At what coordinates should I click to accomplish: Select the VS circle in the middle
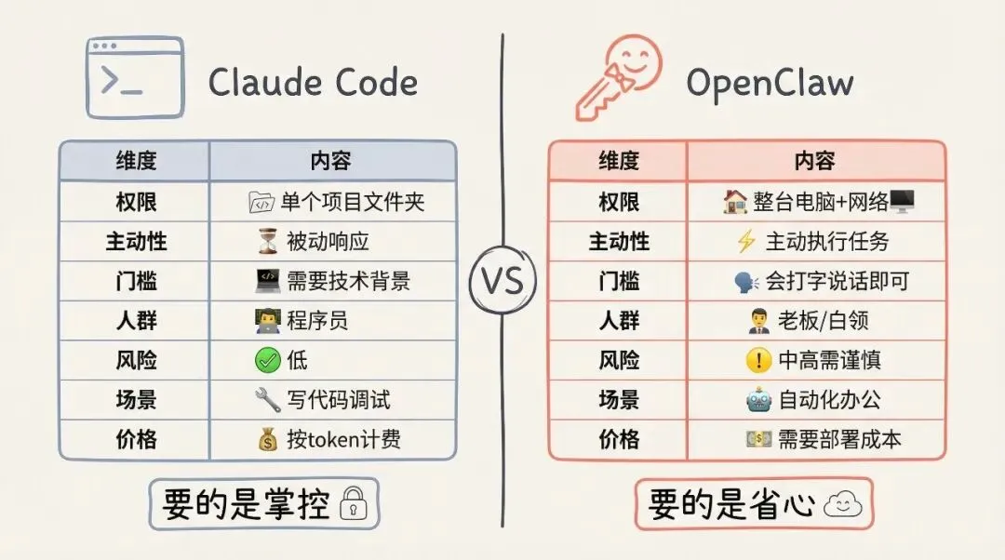click(502, 280)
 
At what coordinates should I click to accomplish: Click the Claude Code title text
click(313, 83)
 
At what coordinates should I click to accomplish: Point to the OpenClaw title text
click(770, 83)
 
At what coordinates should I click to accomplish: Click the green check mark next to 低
click(267, 360)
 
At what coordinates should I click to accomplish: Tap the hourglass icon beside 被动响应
click(267, 241)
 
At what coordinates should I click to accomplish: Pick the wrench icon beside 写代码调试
click(267, 400)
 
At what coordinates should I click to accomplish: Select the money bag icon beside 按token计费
click(268, 439)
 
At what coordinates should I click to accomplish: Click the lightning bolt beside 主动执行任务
click(745, 241)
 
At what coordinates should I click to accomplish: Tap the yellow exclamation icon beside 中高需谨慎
click(759, 360)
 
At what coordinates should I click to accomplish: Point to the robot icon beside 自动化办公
click(758, 400)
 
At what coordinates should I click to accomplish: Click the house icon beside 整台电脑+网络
click(734, 201)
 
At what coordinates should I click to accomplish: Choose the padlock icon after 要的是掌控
click(354, 505)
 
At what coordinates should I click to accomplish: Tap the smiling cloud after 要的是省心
click(843, 505)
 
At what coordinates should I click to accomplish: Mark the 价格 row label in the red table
click(619, 439)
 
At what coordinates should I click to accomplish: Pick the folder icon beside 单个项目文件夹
click(261, 201)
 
